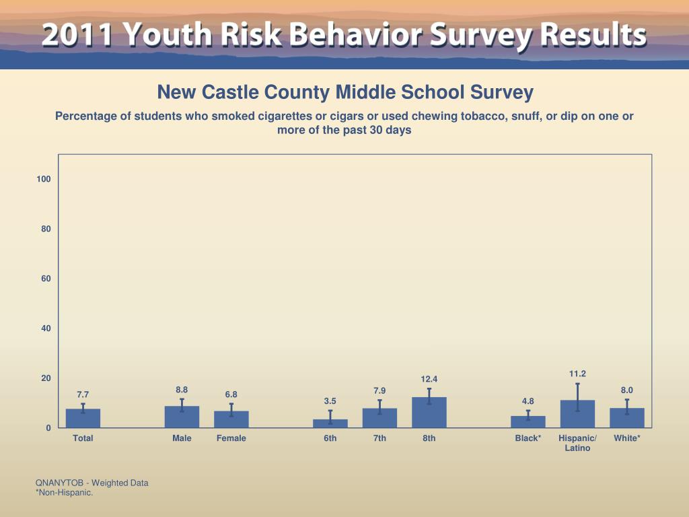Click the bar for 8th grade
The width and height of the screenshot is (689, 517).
[x=429, y=412]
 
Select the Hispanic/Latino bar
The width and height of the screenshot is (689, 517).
[x=577, y=414]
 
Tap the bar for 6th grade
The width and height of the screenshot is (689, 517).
[x=330, y=423]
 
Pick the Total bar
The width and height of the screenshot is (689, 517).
[x=83, y=418]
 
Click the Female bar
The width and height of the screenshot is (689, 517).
[x=231, y=419]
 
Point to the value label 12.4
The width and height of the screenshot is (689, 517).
[x=429, y=380]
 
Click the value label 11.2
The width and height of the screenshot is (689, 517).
[x=577, y=374]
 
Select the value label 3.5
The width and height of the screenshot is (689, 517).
[x=330, y=401]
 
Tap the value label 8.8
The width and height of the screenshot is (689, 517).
[x=182, y=390]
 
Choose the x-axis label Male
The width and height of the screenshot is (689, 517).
[x=182, y=438]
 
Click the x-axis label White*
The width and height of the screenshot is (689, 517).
[x=627, y=438]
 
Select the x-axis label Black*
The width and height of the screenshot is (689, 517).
[x=528, y=438]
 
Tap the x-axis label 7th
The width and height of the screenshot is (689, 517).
[x=379, y=438]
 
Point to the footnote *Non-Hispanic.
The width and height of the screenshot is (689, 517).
[x=64, y=492]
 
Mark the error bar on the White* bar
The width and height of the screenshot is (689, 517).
[x=627, y=406]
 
